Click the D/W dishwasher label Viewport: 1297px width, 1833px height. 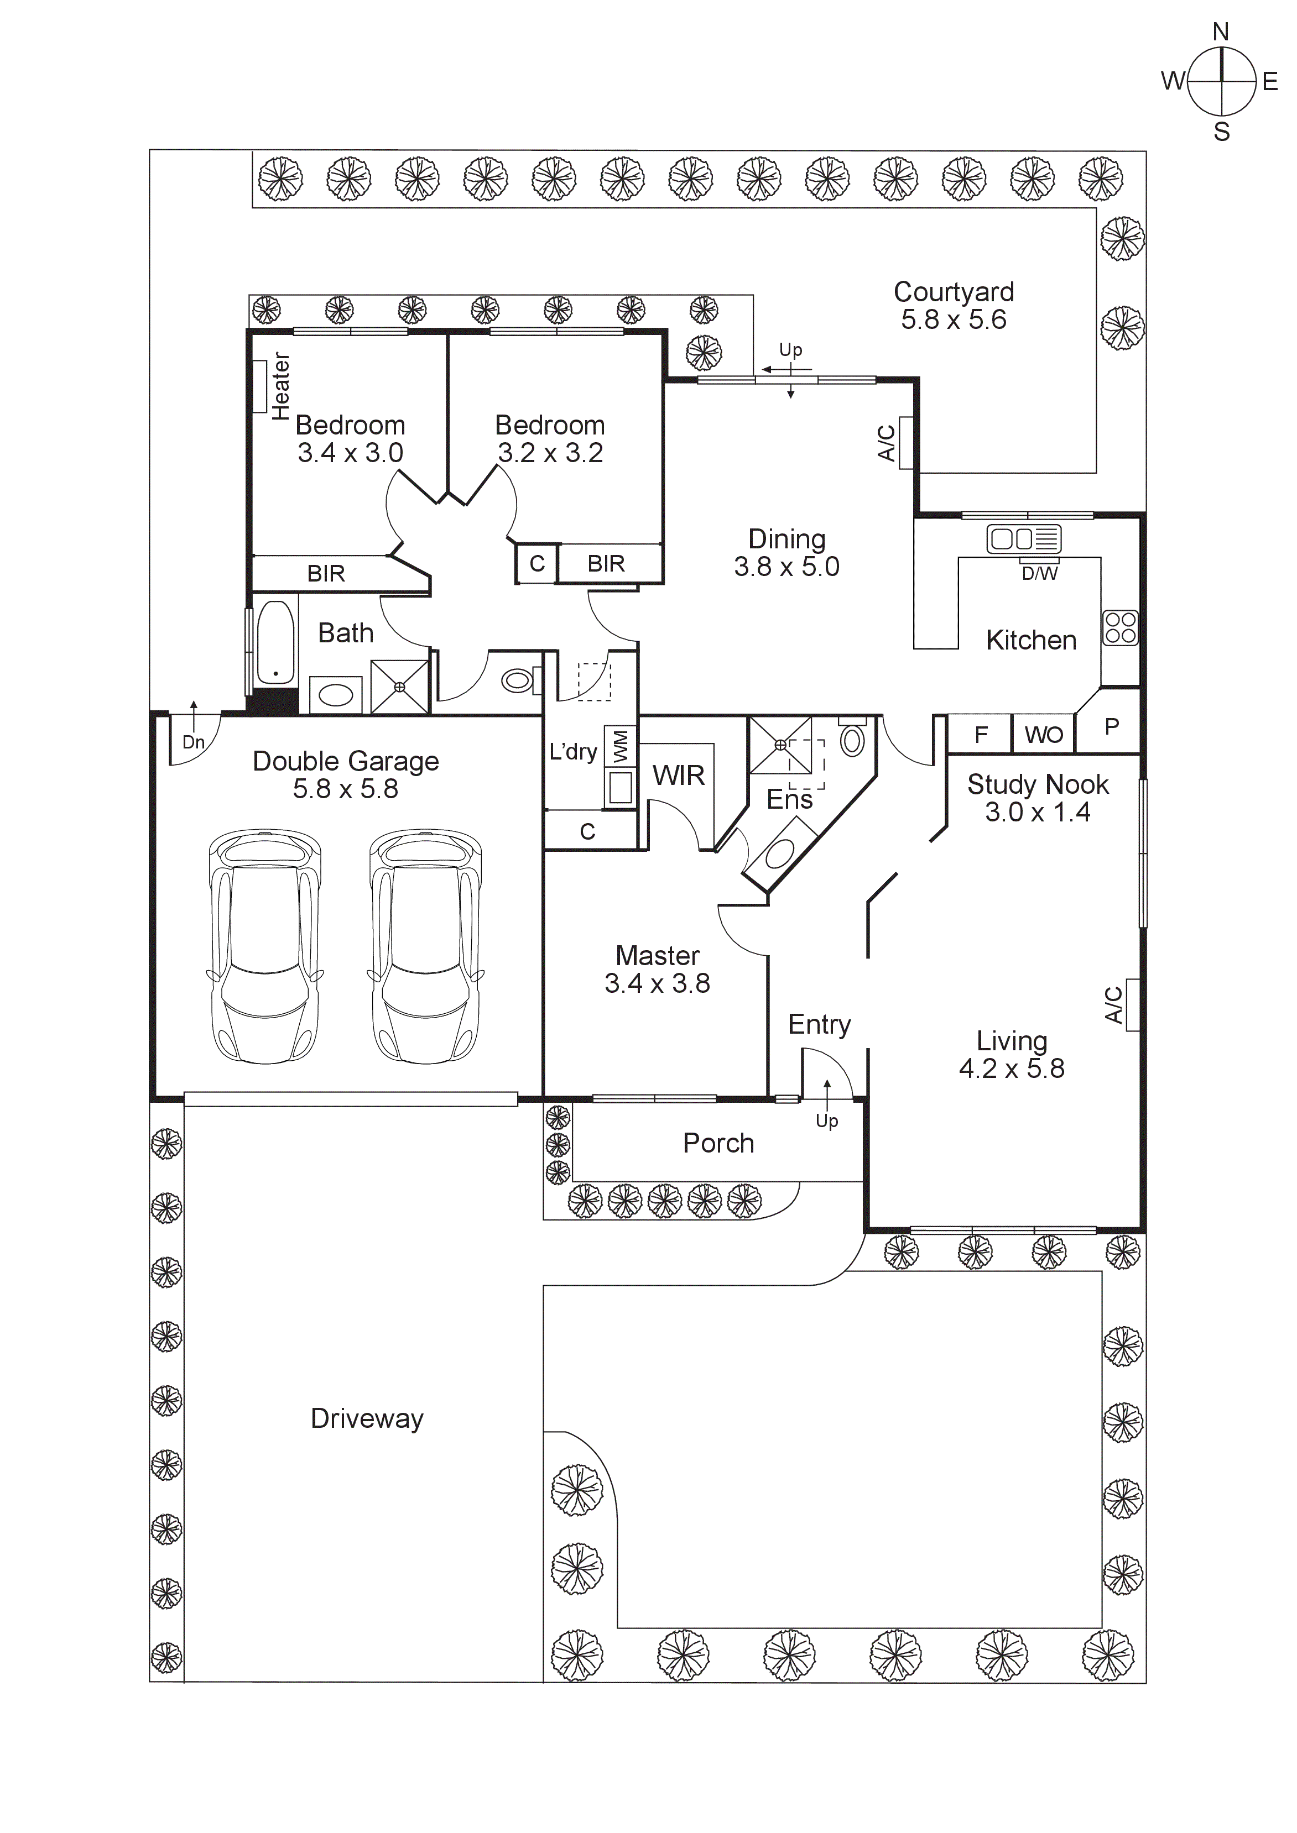pos(1039,573)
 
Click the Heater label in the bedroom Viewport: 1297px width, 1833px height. pos(280,386)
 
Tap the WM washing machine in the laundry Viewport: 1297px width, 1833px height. pos(621,746)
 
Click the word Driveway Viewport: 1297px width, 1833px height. pos(367,1418)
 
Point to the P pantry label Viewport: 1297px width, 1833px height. pos(1111,726)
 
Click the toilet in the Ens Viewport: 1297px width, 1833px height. pos(852,739)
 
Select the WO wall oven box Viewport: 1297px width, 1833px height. pos(1043,735)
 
